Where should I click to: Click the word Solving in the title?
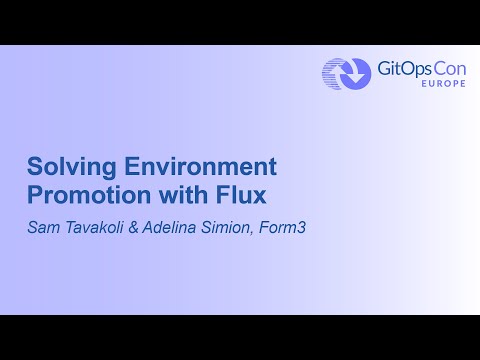pos(65,167)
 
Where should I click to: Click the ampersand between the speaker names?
pos(134,228)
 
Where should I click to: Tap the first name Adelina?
pos(172,228)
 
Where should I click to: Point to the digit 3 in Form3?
pos(301,228)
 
